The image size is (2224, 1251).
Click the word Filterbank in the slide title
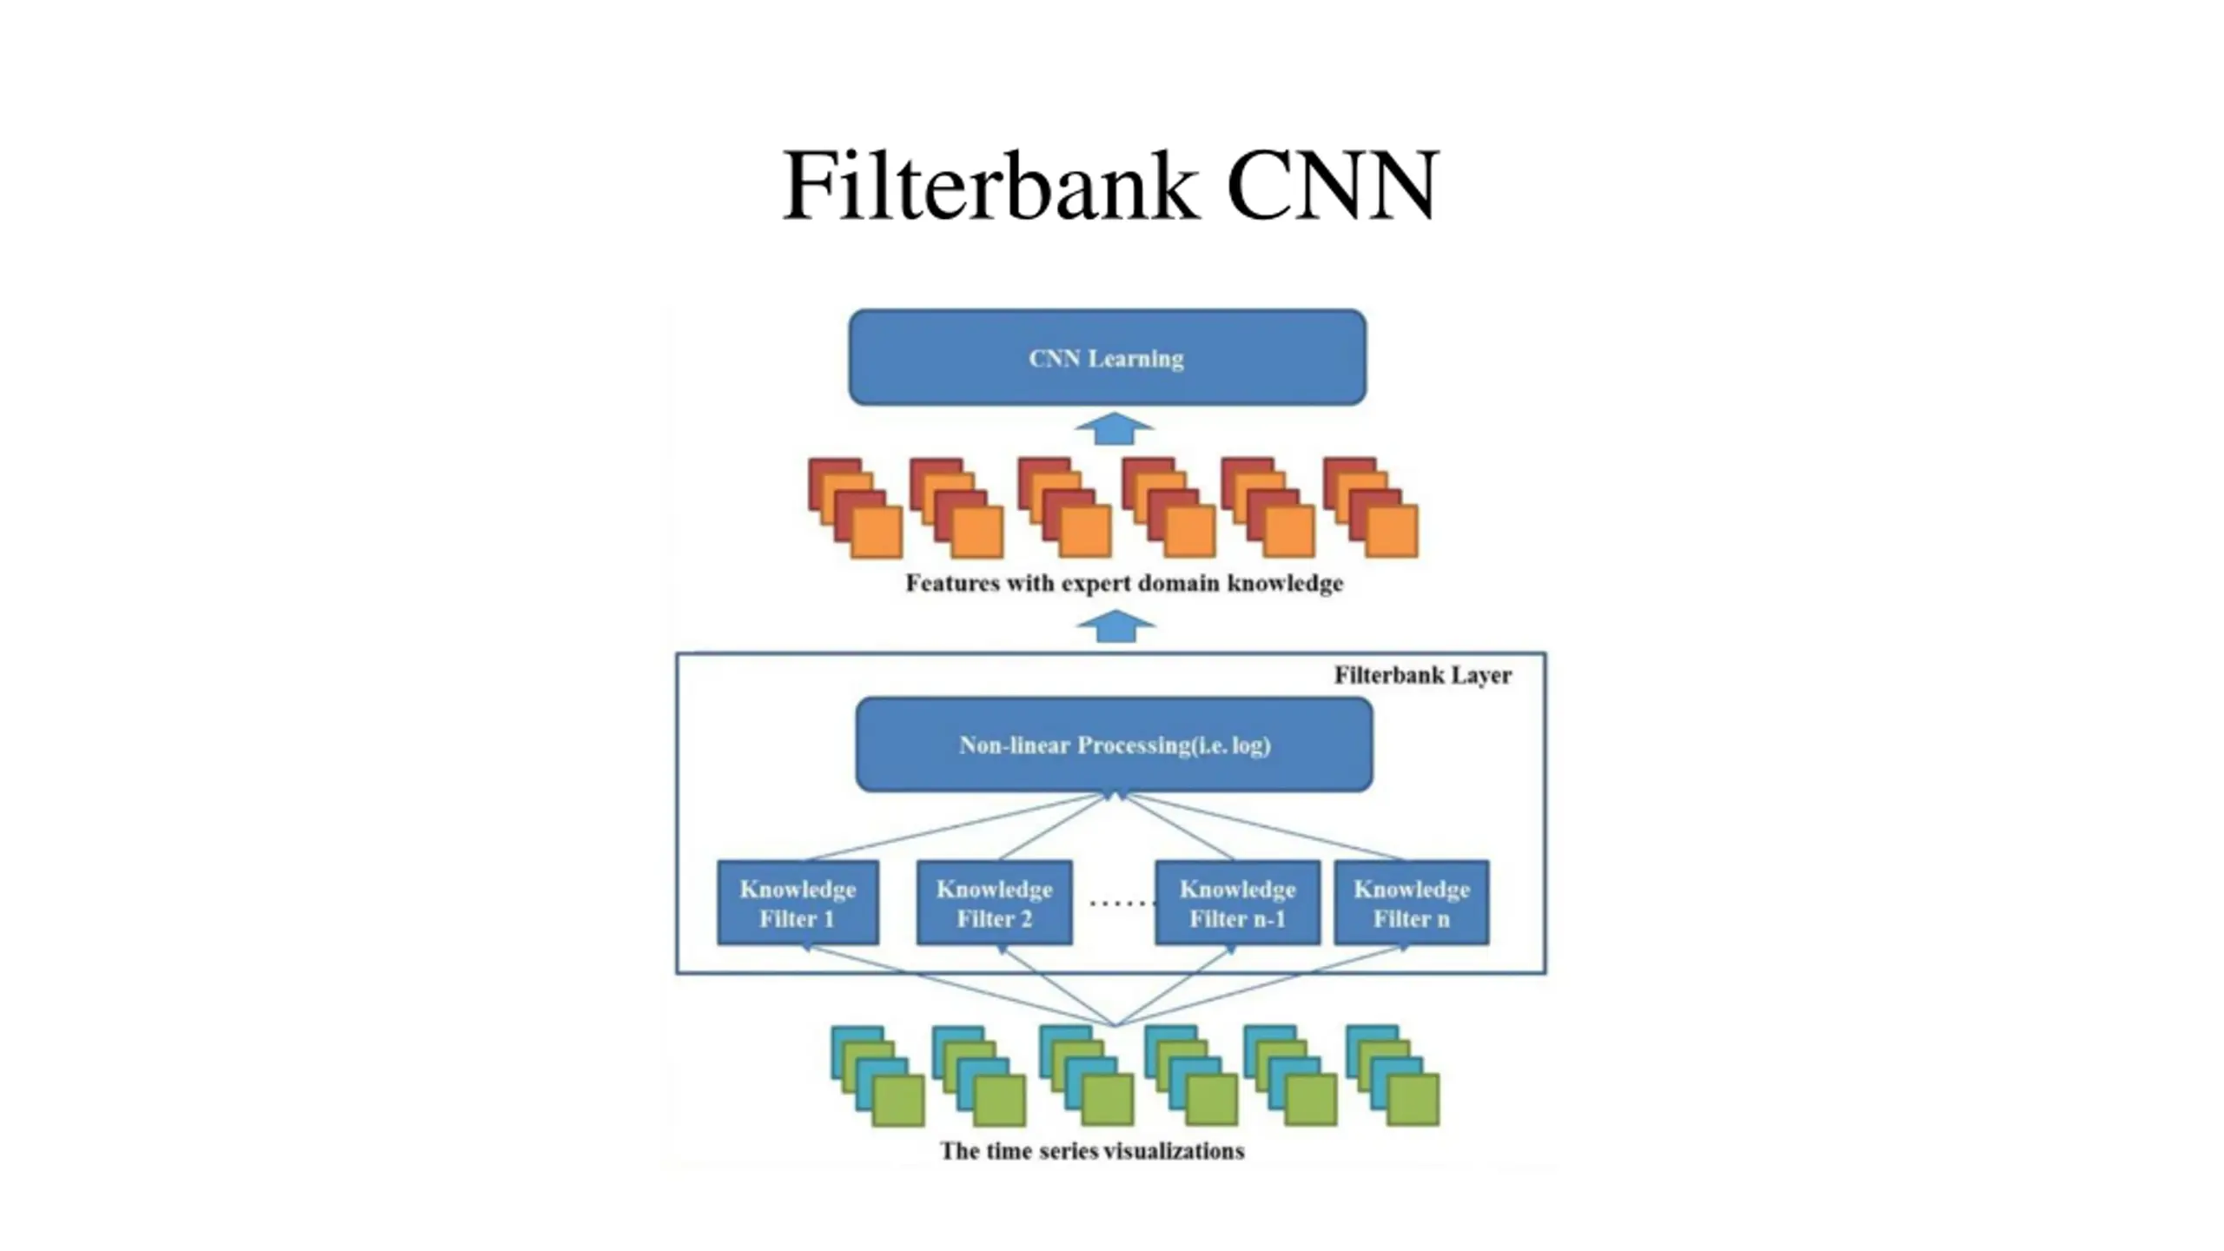tap(990, 186)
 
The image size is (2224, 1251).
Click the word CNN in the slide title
tap(1333, 186)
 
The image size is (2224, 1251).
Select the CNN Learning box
tap(1107, 358)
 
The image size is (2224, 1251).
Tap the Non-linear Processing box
tap(1115, 745)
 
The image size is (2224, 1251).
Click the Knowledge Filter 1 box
tap(798, 903)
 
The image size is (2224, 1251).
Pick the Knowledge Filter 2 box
tap(995, 903)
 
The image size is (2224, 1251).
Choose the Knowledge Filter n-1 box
tap(1237, 903)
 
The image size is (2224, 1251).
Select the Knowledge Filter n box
tap(1411, 903)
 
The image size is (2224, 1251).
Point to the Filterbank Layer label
tap(1422, 675)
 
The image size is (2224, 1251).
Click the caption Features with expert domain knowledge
tap(1124, 583)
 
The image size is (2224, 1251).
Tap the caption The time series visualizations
tap(1092, 1151)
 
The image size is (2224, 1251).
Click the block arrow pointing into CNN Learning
tap(1115, 429)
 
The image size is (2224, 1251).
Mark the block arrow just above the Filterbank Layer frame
tap(1115, 626)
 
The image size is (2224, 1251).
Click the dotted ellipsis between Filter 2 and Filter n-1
tap(1121, 903)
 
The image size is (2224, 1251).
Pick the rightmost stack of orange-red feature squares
tap(1371, 508)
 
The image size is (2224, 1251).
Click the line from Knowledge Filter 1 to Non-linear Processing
tap(956, 826)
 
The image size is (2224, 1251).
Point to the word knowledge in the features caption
tap(1285, 583)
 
